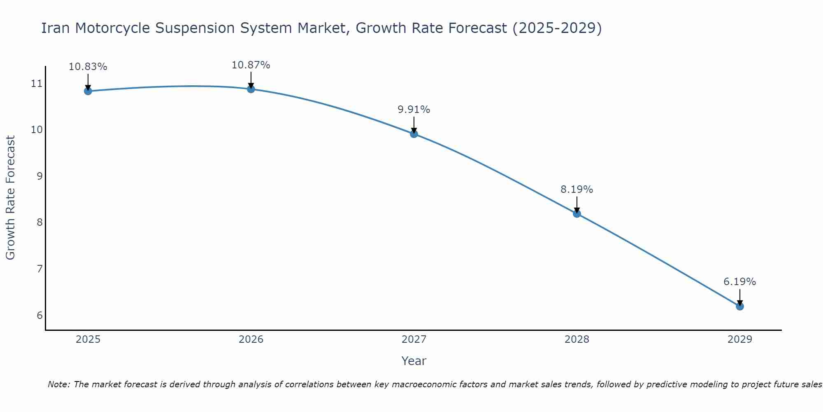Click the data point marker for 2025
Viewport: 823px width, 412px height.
pyautogui.click(x=88, y=91)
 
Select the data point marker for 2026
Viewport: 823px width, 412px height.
pyautogui.click(x=251, y=89)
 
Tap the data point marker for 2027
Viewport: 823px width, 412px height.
pyautogui.click(x=414, y=134)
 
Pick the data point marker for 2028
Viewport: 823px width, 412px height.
pyautogui.click(x=577, y=213)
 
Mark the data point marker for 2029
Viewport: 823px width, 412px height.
pyautogui.click(x=739, y=306)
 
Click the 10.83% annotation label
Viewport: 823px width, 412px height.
pyautogui.click(x=88, y=67)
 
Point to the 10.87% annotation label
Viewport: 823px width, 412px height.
pyautogui.click(x=251, y=65)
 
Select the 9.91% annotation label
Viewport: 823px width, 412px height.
pyautogui.click(x=414, y=110)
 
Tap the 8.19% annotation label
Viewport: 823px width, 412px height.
pyautogui.click(x=577, y=190)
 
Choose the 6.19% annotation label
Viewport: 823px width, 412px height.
pyautogui.click(x=739, y=282)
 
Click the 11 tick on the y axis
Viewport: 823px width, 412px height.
pyautogui.click(x=37, y=84)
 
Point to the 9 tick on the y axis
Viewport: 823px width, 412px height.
pyautogui.click(x=40, y=176)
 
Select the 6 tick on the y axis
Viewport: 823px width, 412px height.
pyautogui.click(x=40, y=316)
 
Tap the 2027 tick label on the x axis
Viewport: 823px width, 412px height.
pyautogui.click(x=414, y=339)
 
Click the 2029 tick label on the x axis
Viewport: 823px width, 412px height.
pyautogui.click(x=739, y=339)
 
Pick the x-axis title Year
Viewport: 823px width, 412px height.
pyautogui.click(x=414, y=361)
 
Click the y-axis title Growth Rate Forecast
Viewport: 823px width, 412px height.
pyautogui.click(x=11, y=198)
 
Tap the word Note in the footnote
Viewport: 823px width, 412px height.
pyautogui.click(x=59, y=384)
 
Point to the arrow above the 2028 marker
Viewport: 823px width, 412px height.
pyautogui.click(x=577, y=204)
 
